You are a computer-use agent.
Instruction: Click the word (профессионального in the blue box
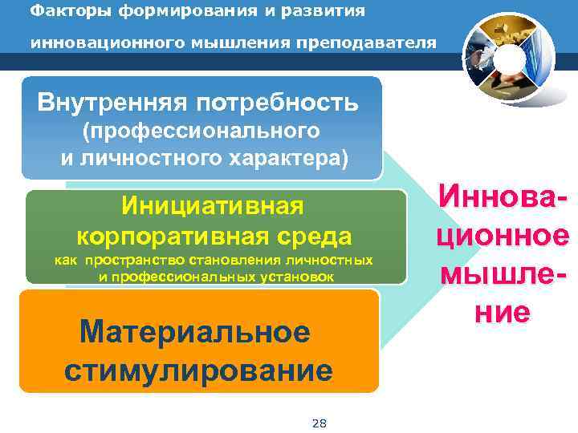[201, 130]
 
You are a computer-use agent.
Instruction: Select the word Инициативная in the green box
[213, 206]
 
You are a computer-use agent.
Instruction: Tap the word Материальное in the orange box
[195, 332]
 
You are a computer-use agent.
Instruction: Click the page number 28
[318, 423]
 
